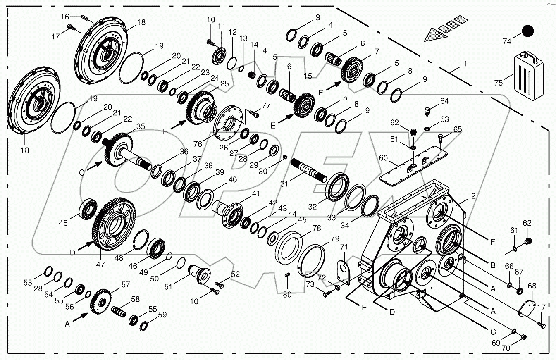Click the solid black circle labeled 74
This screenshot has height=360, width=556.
pos(527,31)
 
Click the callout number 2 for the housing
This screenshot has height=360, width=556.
pos(473,196)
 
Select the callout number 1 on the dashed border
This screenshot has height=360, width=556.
pos(465,64)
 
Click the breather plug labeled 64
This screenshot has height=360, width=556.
pos(427,111)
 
